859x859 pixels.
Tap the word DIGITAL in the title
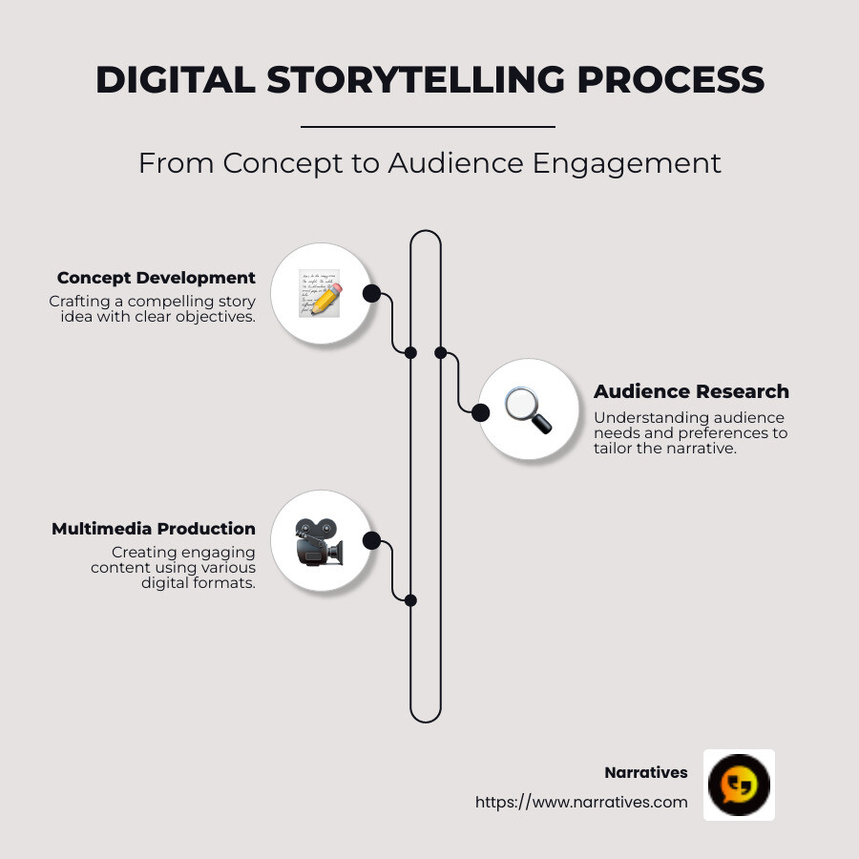(175, 80)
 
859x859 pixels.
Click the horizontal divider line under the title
(428, 126)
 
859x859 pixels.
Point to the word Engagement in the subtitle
(626, 163)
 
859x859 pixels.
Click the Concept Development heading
(157, 278)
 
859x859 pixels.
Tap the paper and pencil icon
(320, 293)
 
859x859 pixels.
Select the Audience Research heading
(691, 391)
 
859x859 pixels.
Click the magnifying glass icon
(528, 410)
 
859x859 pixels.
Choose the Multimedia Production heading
(154, 529)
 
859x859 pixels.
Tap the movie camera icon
(319, 542)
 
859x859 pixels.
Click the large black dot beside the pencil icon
(371, 293)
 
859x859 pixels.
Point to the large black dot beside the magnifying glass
(481, 411)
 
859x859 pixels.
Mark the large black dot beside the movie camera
(372, 541)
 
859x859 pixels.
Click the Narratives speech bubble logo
(739, 785)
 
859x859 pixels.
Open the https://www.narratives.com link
(581, 802)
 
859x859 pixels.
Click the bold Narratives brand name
(645, 772)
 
